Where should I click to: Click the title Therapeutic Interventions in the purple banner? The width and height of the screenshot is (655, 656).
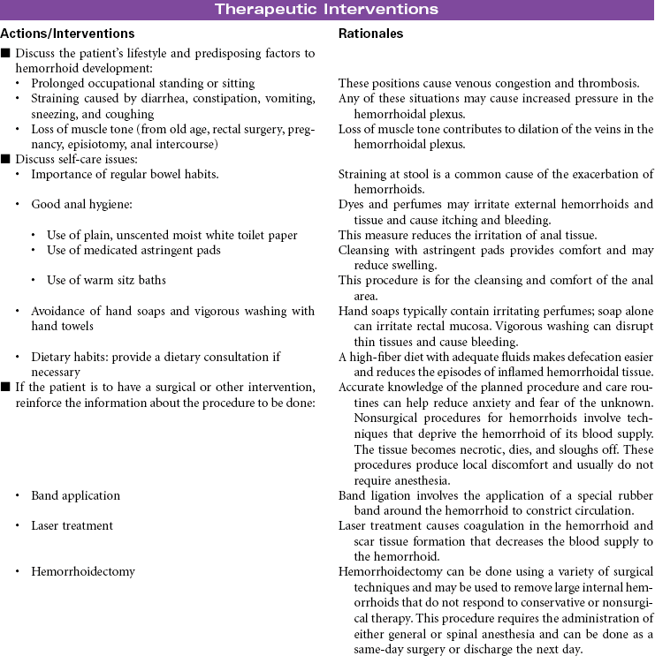(x=327, y=10)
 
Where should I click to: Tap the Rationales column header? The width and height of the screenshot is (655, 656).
(x=371, y=34)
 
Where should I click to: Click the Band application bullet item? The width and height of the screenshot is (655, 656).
(x=75, y=496)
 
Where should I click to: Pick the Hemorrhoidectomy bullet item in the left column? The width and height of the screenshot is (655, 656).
(x=83, y=571)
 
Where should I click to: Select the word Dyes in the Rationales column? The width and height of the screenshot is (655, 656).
(x=352, y=205)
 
